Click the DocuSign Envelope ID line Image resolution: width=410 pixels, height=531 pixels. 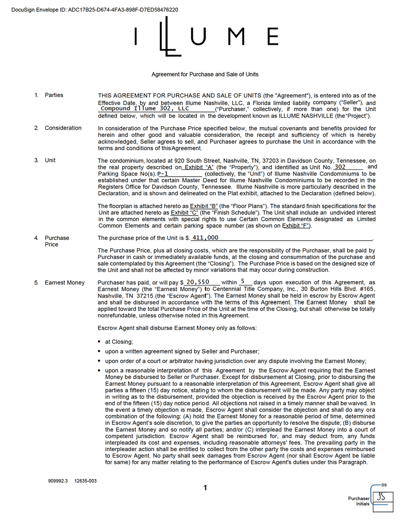pyautogui.click(x=94, y=10)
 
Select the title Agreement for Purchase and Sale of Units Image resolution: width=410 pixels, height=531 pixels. pyautogui.click(x=205, y=74)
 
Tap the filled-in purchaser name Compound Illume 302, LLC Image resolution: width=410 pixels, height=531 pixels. pyautogui.click(x=145, y=109)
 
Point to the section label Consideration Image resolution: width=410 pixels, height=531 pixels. pyautogui.click(x=63, y=128)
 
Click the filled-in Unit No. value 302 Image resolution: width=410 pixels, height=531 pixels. pyautogui.click(x=340, y=166)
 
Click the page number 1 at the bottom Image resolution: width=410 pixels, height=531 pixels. pyautogui.click(x=205, y=487)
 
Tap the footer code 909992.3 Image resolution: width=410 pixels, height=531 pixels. pyautogui.click(x=58, y=481)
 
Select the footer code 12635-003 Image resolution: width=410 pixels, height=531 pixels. pyautogui.click(x=85, y=481)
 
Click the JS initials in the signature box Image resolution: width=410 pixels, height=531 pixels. pyautogui.click(x=382, y=497)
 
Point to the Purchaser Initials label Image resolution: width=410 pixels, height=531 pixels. pyautogui.click(x=359, y=501)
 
